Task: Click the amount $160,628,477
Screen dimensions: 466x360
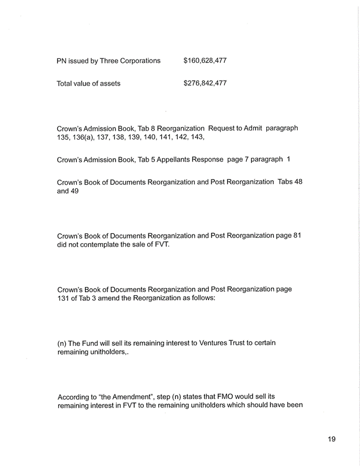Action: click(205, 60)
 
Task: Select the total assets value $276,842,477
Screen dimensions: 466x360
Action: click(205, 83)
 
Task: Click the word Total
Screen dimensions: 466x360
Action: click(66, 84)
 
